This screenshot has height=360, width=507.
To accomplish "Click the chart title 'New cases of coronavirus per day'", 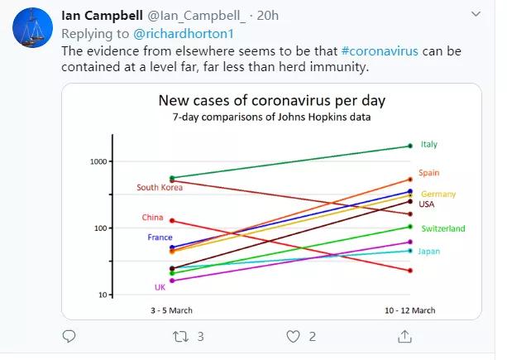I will [x=272, y=102].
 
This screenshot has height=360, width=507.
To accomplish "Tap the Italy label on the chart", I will [x=428, y=144].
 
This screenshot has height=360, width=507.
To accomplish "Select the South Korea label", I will [x=160, y=187].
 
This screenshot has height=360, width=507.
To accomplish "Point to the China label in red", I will [x=152, y=218].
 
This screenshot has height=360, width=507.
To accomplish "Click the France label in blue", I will [x=160, y=238].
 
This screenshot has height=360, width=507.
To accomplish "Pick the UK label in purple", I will [x=160, y=287].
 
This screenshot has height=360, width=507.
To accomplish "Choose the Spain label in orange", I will [x=428, y=173].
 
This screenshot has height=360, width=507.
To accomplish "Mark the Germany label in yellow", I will [x=438, y=194].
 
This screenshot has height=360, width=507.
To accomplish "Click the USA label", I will [x=427, y=204].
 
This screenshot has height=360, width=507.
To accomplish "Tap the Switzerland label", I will [x=442, y=228].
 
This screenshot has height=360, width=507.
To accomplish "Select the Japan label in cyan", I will [x=429, y=251].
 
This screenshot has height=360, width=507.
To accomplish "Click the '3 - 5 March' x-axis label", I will [x=172, y=310].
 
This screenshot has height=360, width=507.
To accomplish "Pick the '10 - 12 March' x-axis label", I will [x=409, y=310].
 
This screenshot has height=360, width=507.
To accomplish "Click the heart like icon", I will [x=292, y=337].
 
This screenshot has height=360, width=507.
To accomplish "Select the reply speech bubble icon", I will [x=69, y=337].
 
